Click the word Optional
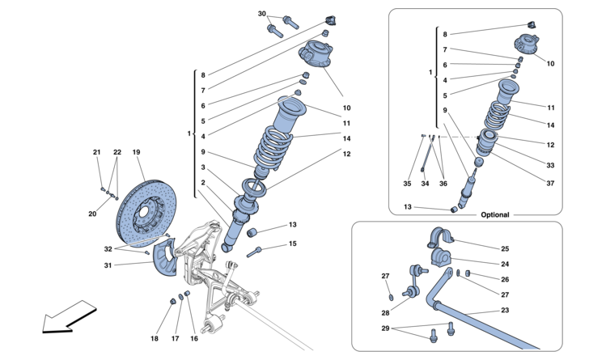click(x=495, y=214)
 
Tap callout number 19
click(x=137, y=152)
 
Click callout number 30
click(x=261, y=15)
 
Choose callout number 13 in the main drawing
click(x=293, y=224)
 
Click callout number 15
click(x=293, y=244)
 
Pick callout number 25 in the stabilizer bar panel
click(x=505, y=248)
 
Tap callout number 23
click(x=505, y=310)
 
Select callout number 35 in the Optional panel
click(x=407, y=184)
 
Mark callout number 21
click(x=96, y=152)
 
